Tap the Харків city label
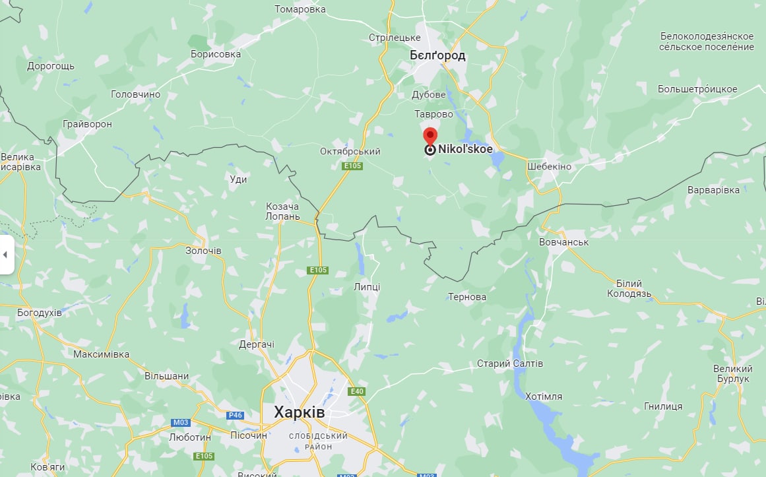pyautogui.click(x=300, y=412)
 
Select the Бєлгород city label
pyautogui.click(x=437, y=55)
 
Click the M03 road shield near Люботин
pyautogui.click(x=180, y=422)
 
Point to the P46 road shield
pyautogui.click(x=235, y=416)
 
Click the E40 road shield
pyautogui.click(x=356, y=391)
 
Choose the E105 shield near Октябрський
pyautogui.click(x=352, y=166)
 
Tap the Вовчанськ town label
pyautogui.click(x=564, y=242)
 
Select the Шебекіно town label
pyautogui.click(x=549, y=166)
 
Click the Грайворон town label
pyautogui.click(x=87, y=124)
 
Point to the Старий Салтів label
pyautogui.click(x=510, y=364)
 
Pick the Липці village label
pyautogui.click(x=367, y=286)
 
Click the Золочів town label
pyautogui.click(x=203, y=251)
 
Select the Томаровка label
pyautogui.click(x=300, y=9)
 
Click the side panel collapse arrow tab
pyautogui.click(x=6, y=255)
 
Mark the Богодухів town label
pyautogui.click(x=40, y=312)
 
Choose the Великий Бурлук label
pyautogui.click(x=732, y=374)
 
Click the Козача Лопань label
pyautogui.click(x=282, y=211)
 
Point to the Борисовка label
pyautogui.click(x=215, y=54)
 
